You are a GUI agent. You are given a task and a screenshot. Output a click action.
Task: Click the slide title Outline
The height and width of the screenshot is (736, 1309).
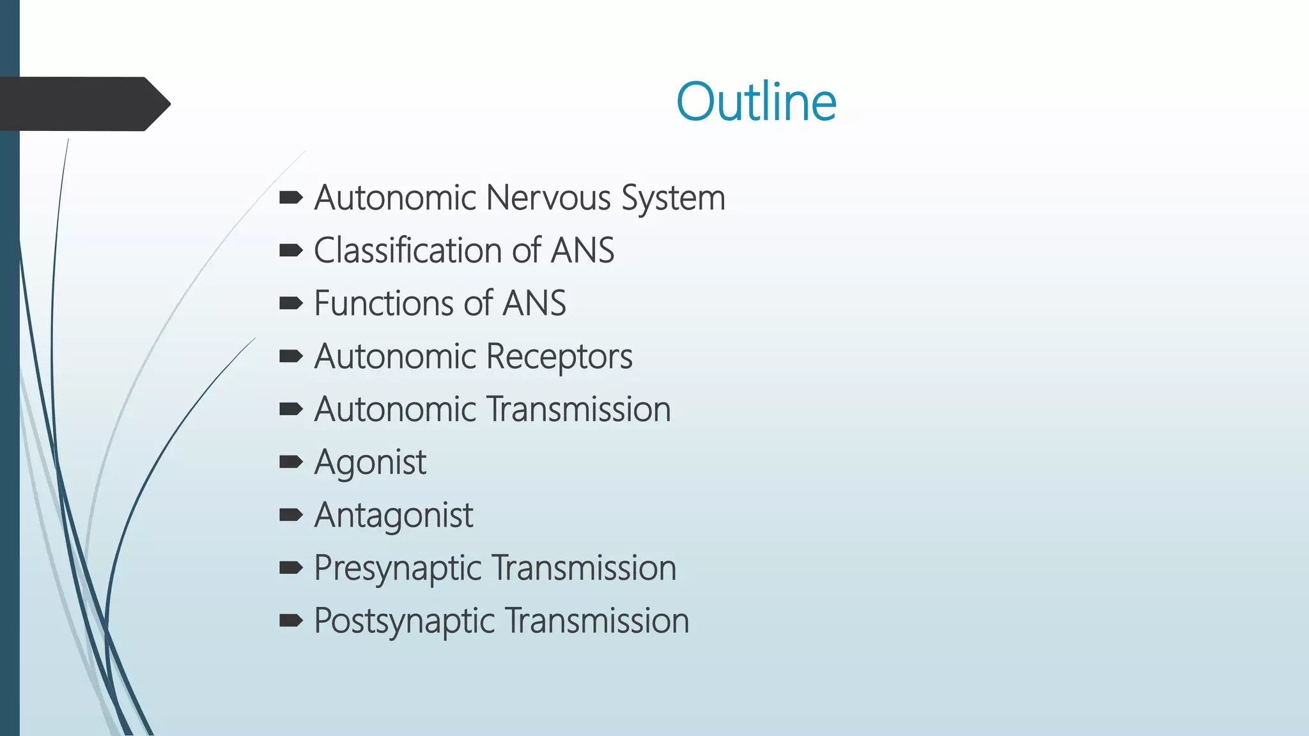(x=756, y=102)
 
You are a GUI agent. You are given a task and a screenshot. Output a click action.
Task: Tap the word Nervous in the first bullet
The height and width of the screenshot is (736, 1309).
(x=548, y=197)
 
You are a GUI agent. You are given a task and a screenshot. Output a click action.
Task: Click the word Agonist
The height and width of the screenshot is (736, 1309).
(x=370, y=462)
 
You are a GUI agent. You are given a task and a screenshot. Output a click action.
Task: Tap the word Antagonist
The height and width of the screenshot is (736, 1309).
(x=394, y=515)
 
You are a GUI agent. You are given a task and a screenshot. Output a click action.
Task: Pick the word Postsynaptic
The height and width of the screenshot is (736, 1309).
(x=404, y=621)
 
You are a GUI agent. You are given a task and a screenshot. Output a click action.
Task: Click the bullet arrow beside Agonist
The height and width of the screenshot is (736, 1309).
(x=291, y=461)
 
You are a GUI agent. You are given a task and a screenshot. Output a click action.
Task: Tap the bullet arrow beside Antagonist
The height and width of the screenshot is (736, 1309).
(x=291, y=514)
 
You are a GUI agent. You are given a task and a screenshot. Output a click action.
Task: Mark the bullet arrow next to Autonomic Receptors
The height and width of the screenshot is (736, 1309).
(x=291, y=356)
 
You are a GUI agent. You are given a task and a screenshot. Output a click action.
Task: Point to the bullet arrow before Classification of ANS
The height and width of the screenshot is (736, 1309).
(x=291, y=250)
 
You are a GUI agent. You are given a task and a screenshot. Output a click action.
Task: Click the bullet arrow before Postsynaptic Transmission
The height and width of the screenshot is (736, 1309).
(x=291, y=620)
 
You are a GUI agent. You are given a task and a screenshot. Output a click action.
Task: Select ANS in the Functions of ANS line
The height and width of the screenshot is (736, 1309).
(x=534, y=303)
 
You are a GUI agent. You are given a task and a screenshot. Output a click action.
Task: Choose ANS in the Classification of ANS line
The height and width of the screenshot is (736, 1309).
(x=582, y=250)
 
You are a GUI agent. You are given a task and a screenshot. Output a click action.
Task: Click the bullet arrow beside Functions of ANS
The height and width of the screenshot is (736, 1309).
(x=291, y=303)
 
